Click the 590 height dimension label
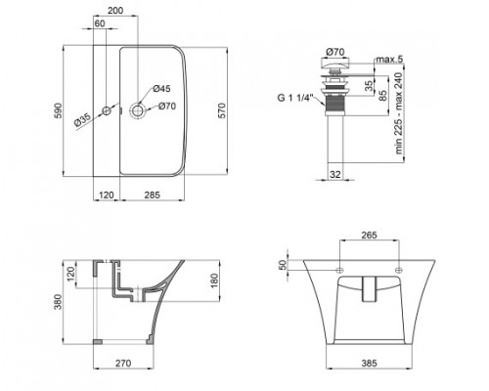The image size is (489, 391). click(58, 110)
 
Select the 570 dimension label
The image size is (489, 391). click(221, 110)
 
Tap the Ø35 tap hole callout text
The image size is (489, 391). click(82, 119)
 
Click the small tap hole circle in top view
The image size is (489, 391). click(107, 110)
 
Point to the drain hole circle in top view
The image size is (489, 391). click(138, 110)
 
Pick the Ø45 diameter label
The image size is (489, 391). click(161, 89)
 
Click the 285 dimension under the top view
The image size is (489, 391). click(153, 195)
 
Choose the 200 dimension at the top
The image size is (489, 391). click(115, 11)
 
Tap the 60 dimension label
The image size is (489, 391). click(100, 23)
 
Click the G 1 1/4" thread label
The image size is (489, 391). click(295, 98)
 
